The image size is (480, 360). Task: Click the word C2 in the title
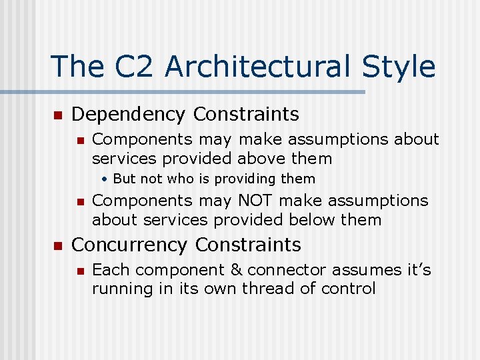[x=131, y=67]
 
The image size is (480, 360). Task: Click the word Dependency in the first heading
[x=129, y=115]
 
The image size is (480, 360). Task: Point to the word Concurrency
[x=129, y=245]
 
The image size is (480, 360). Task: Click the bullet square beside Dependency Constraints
[x=57, y=115]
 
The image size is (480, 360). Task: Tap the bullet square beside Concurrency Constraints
[x=57, y=246]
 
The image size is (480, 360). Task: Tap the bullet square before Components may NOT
[x=79, y=201]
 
